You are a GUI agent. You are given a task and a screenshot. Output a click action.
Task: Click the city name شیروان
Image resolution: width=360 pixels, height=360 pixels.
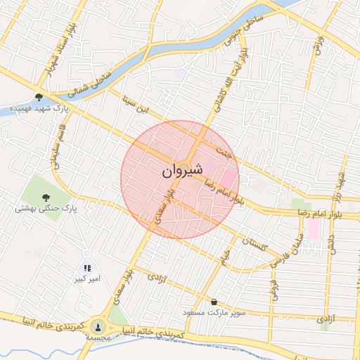(182, 169)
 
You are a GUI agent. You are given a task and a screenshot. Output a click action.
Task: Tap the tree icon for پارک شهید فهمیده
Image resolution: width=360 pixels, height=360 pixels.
(38, 98)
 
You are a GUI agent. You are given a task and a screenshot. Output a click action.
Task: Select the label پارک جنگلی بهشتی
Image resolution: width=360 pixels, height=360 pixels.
(45, 209)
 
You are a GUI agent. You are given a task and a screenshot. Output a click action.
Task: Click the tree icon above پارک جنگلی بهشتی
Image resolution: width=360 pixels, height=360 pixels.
(46, 198)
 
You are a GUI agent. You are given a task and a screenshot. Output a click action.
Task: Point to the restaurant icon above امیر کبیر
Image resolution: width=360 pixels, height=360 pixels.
(87, 268)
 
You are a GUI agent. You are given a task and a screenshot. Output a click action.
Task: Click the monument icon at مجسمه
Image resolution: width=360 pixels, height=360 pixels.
(98, 326)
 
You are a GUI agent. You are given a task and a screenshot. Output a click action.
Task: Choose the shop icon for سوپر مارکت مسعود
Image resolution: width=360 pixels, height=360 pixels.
(214, 301)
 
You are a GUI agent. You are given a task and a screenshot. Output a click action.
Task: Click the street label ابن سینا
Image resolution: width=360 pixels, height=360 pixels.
(134, 109)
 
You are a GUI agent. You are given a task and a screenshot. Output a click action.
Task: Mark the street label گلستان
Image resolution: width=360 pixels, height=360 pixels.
(255, 246)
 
